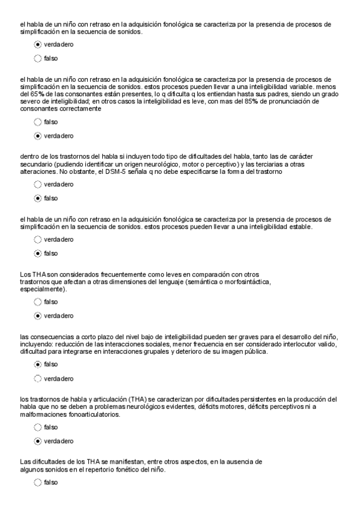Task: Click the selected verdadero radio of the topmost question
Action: [x=38, y=45]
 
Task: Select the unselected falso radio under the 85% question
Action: [x=38, y=121]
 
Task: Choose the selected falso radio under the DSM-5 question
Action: [x=38, y=198]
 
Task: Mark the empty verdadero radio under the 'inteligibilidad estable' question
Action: [x=38, y=239]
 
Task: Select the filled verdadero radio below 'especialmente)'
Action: [x=38, y=315]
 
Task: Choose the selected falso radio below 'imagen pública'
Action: [x=38, y=364]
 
